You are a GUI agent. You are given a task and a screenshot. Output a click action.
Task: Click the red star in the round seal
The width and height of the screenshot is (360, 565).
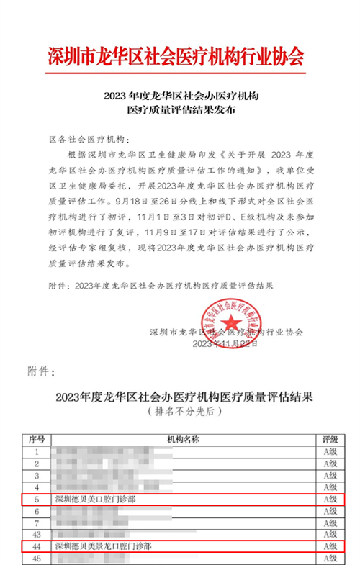tap(233, 322)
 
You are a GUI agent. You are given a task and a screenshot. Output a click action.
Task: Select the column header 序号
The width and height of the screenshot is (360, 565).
tap(37, 439)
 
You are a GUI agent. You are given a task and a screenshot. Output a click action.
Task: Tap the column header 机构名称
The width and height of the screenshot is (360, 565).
tap(183, 439)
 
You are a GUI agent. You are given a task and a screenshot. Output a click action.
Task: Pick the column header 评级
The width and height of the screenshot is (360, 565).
tap(330, 439)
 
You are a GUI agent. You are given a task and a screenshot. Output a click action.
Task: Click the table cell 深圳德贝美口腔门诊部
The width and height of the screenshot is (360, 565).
tap(96, 498)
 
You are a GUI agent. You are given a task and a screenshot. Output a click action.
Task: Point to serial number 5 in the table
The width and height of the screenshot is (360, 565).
tap(37, 498)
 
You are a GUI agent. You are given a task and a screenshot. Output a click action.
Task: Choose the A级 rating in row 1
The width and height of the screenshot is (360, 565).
tap(330, 451)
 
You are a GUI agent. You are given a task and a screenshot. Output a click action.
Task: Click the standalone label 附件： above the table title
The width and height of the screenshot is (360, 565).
tap(40, 371)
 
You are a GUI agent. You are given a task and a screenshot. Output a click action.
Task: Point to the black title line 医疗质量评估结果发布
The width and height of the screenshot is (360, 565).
tap(181, 112)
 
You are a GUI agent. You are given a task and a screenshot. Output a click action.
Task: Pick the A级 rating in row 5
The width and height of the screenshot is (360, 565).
tap(330, 498)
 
